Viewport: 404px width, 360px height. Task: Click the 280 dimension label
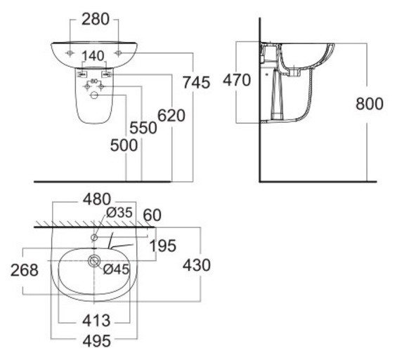pos(95,19)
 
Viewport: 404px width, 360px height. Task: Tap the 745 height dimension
pos(196,82)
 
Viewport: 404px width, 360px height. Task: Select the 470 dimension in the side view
pos(237,81)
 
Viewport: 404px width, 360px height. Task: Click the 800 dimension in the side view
pos(370,104)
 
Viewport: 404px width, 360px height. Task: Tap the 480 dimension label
pos(96,199)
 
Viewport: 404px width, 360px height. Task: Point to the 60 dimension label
pos(153,214)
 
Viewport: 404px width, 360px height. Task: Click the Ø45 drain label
pos(116,268)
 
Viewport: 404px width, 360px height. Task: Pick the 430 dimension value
pos(197,265)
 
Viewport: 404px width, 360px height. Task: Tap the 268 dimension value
pos(25,269)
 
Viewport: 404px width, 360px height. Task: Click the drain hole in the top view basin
pos(93,262)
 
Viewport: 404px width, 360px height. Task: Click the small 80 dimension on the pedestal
pos(93,81)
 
